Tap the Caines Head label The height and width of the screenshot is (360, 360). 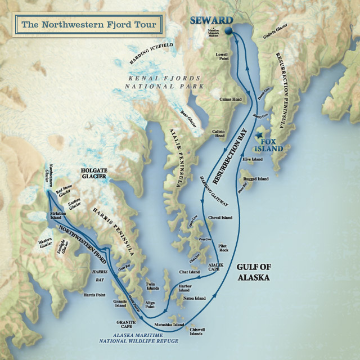coord(230,99)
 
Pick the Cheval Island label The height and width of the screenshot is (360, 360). coord(220,217)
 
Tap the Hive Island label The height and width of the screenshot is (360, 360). coord(253,159)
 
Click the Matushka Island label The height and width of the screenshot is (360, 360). coord(169,325)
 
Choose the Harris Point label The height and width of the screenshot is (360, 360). coord(94,294)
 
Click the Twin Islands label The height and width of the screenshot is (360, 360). coord(154,286)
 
